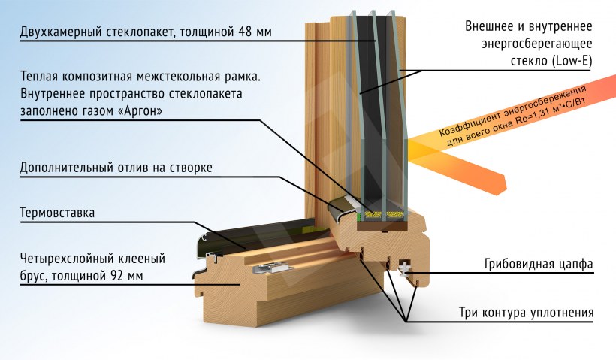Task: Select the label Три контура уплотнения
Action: pos(526,313)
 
